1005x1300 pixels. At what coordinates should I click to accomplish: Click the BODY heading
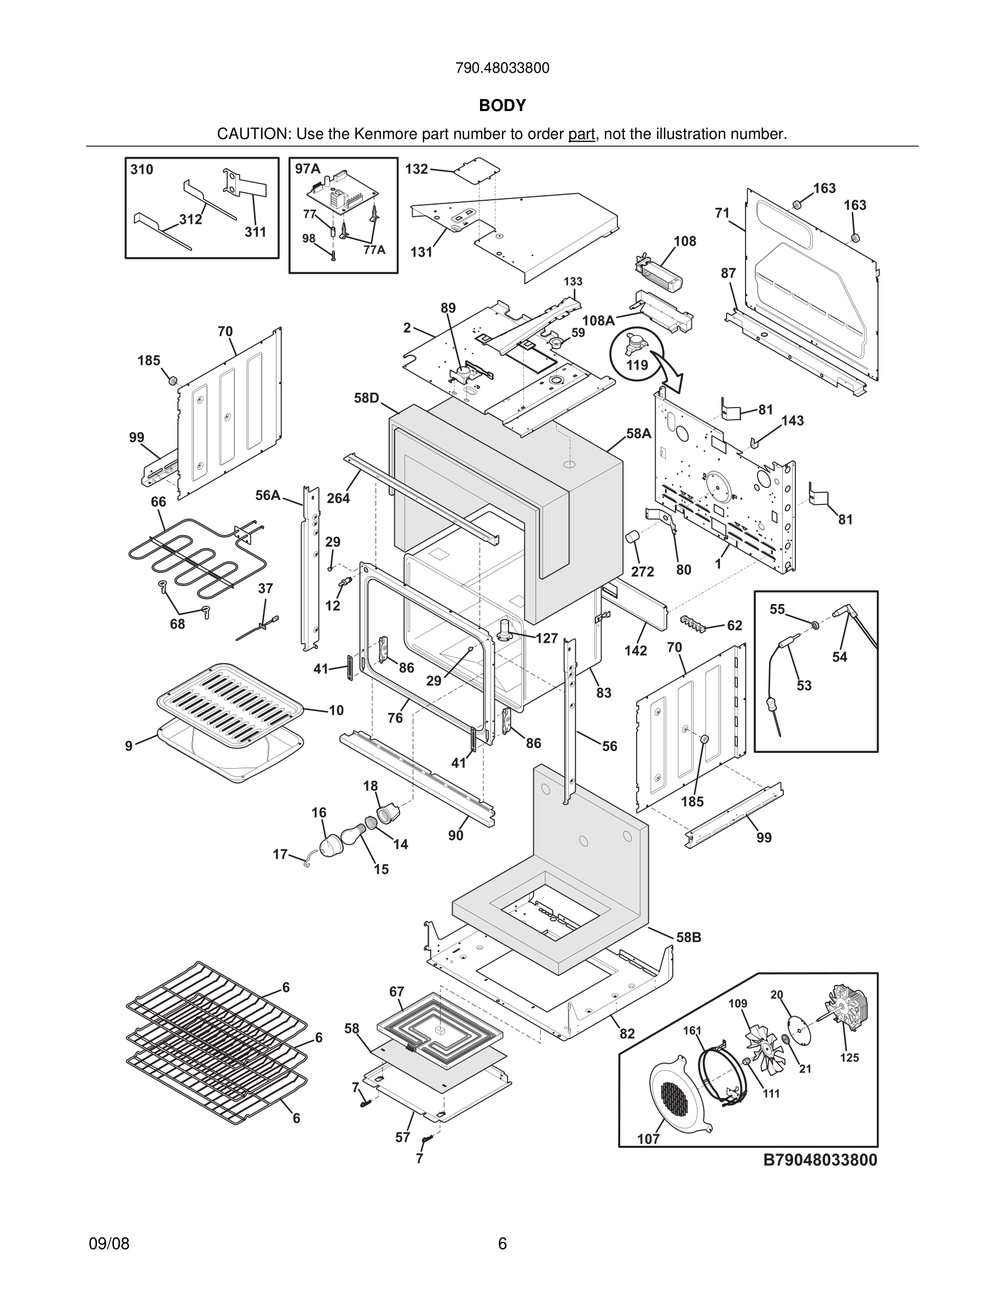coord(502,106)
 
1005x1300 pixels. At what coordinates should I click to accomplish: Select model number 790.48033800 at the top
coord(502,68)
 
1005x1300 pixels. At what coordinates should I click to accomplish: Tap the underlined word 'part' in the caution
coord(582,135)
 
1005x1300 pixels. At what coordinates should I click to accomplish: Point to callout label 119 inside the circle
coord(637,364)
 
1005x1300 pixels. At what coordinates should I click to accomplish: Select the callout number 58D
coord(367,398)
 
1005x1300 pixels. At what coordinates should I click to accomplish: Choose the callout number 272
coord(643,571)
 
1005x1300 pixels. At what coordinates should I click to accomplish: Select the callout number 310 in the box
coord(142,170)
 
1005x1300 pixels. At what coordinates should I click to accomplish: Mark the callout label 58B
coord(688,937)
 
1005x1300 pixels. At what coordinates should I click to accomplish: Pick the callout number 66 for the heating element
coord(158,502)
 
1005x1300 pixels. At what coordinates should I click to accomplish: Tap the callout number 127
coord(546,639)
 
